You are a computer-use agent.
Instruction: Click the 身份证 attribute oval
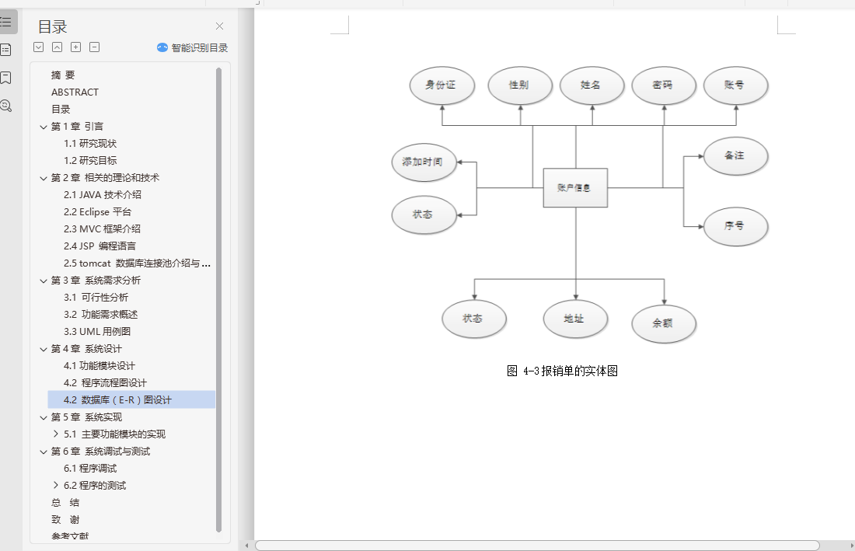[x=442, y=85]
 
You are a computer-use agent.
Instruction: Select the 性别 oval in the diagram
[x=520, y=85]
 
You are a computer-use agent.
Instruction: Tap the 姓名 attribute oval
[x=592, y=85]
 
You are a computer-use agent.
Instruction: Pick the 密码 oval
[x=663, y=85]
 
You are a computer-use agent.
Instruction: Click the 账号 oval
[x=735, y=85]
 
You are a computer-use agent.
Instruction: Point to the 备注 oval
[x=735, y=156]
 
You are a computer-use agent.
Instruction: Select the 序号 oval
[x=735, y=226]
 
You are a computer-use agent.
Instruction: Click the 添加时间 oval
[x=423, y=162]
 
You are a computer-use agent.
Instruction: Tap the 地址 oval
[x=575, y=319]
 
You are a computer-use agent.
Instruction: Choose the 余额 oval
[x=664, y=324]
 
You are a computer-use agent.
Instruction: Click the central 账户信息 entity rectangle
[x=575, y=187]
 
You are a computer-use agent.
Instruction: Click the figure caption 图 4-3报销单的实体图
[x=562, y=371]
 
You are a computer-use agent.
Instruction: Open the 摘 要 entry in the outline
[x=63, y=75]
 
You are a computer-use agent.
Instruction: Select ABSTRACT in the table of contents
[x=75, y=92]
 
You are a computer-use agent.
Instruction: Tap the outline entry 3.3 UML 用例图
[x=97, y=332]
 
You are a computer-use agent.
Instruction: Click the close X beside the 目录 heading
[x=219, y=26]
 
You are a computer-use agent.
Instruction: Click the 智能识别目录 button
[x=193, y=47]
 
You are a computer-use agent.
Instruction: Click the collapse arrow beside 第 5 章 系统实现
[x=44, y=417]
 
